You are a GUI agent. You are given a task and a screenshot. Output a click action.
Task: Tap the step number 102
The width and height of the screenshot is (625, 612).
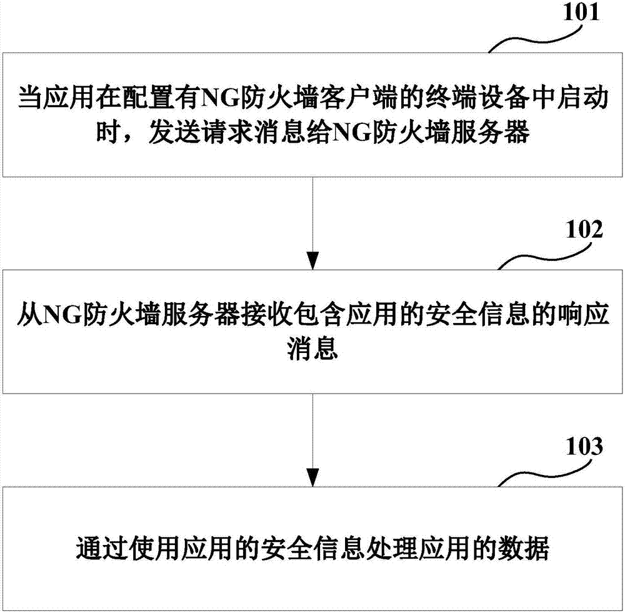coord(584,230)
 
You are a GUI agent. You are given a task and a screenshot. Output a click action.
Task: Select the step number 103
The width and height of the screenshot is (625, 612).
coord(584,447)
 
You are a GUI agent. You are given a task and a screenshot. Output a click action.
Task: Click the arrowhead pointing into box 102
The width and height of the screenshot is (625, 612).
coord(312,260)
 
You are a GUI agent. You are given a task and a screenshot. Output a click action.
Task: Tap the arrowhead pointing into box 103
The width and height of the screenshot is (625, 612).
coord(312,477)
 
